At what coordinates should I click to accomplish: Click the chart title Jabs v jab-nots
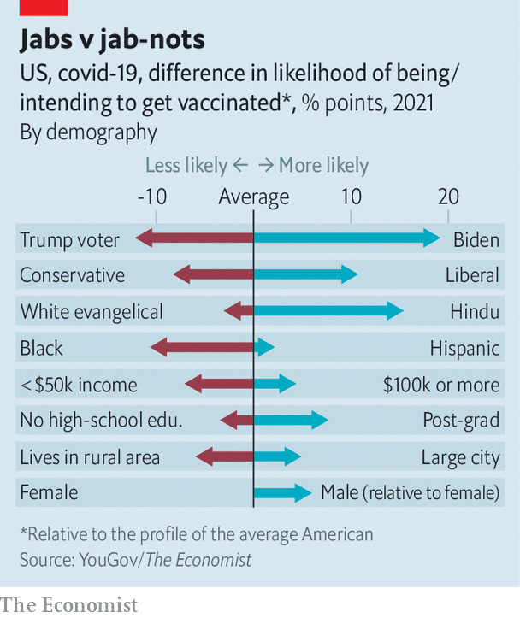[113, 40]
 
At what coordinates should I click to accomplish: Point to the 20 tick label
[448, 197]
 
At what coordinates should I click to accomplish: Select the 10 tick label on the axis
[351, 197]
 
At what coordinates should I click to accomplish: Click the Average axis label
[254, 197]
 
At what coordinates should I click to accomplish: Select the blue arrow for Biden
[347, 238]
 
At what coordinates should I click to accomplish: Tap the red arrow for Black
[202, 347]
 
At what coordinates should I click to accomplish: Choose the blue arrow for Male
[282, 492]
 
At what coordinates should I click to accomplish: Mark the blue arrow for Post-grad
[291, 420]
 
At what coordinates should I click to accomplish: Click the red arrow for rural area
[225, 456]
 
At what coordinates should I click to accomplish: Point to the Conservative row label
[72, 275]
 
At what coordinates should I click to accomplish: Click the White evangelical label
[92, 312]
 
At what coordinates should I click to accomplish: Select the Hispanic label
[464, 348]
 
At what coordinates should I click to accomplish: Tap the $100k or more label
[440, 385]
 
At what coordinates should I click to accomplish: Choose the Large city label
[460, 457]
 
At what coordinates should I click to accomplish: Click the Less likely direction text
[186, 166]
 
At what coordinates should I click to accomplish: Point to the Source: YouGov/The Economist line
[136, 560]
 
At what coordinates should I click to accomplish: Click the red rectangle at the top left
[44, 8]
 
